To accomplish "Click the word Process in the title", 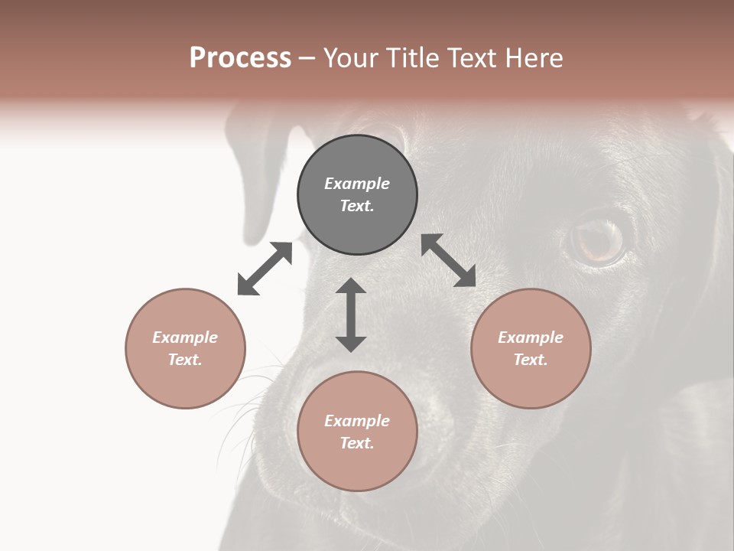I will point(240,58).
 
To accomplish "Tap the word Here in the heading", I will point(532,58).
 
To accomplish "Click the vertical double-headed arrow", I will point(351,315).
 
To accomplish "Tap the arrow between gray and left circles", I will point(265,269).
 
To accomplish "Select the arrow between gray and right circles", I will point(449,260).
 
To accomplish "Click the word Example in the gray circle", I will point(357,184).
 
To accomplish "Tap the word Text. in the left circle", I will point(185,360).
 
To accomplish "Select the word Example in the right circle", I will point(531,337).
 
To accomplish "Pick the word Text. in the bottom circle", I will point(357,443).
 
